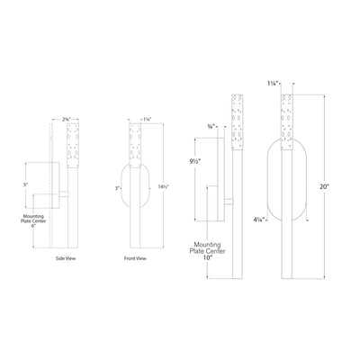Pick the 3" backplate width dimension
tap(117, 187)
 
